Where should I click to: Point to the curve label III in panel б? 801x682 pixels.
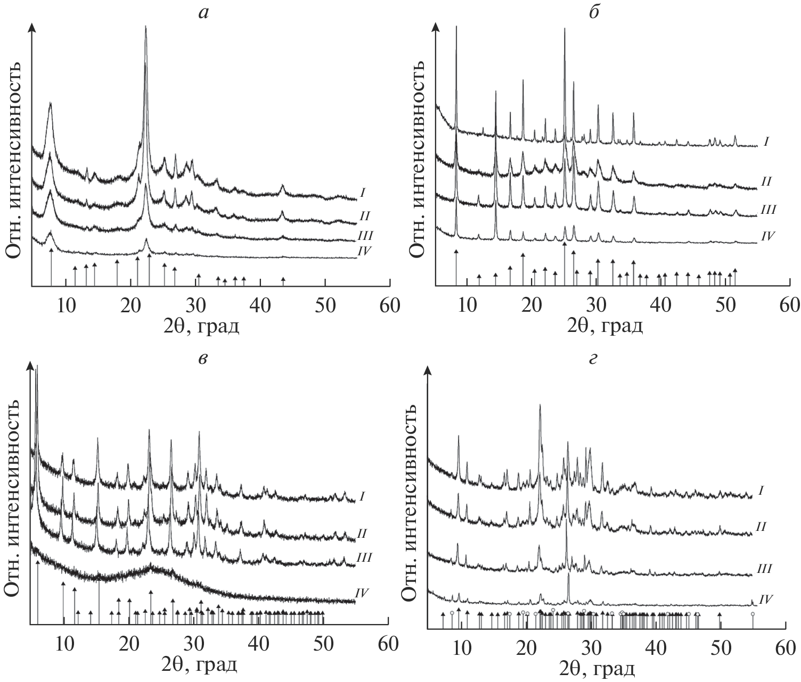point(767,210)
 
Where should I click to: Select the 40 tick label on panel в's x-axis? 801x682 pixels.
point(259,643)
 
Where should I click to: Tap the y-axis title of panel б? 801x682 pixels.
point(421,160)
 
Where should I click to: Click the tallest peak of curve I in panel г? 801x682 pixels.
point(540,405)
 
